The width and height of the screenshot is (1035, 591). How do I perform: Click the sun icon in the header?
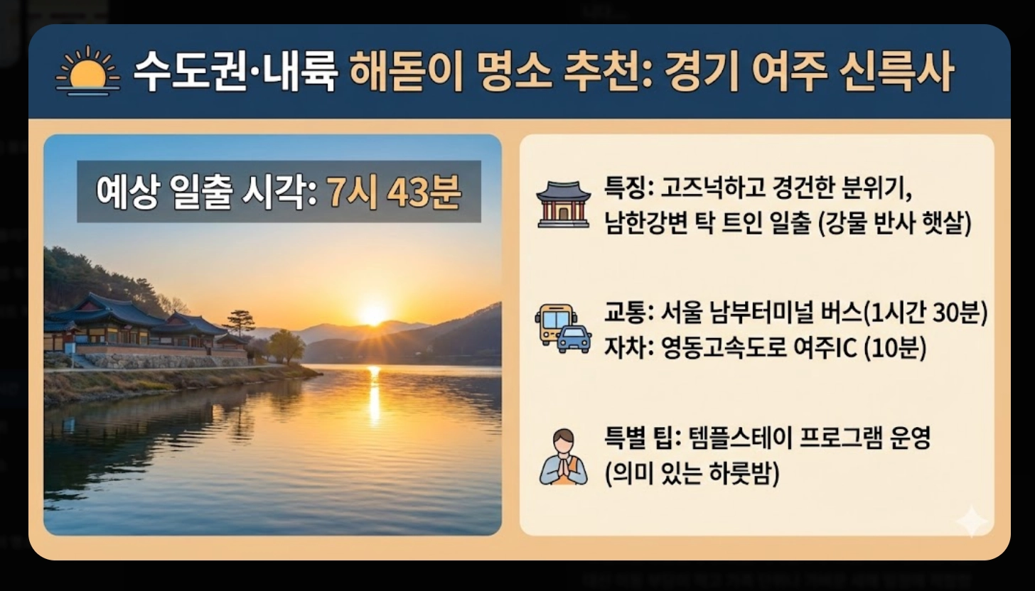(x=88, y=71)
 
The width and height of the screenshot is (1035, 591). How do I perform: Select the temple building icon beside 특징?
(x=563, y=205)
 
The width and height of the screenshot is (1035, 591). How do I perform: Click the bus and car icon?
(x=563, y=327)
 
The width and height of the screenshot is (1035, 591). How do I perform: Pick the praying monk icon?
(x=564, y=457)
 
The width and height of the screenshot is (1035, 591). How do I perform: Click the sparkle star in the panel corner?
(x=971, y=522)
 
